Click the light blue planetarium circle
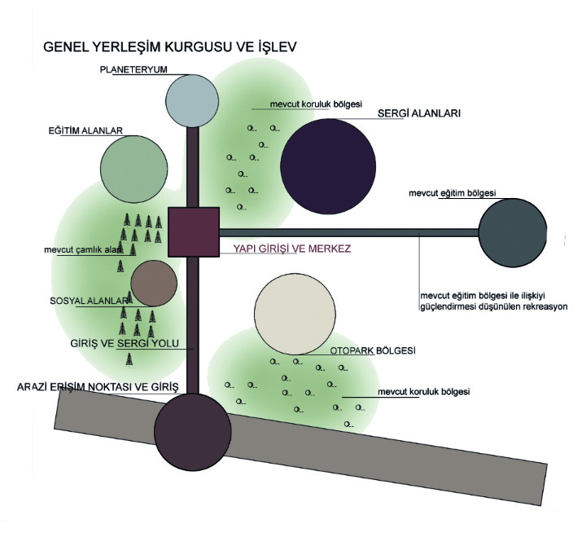[192, 101]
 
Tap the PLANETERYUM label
[133, 69]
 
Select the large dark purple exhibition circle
[328, 166]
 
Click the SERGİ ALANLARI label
[419, 113]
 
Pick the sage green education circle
[134, 170]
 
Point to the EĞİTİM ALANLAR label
[85, 131]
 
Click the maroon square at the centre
[194, 232]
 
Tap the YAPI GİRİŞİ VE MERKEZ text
[291, 249]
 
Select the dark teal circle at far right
[513, 233]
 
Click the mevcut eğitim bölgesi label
[452, 193]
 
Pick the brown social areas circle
[154, 284]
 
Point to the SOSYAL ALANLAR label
[89, 301]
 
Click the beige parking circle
[295, 314]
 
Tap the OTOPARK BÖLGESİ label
[373, 350]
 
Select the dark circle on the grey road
[193, 432]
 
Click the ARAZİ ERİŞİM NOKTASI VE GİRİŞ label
[98, 387]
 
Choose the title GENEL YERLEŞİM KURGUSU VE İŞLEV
[170, 46]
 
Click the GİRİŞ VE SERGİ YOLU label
[125, 343]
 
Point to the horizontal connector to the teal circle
[349, 233]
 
